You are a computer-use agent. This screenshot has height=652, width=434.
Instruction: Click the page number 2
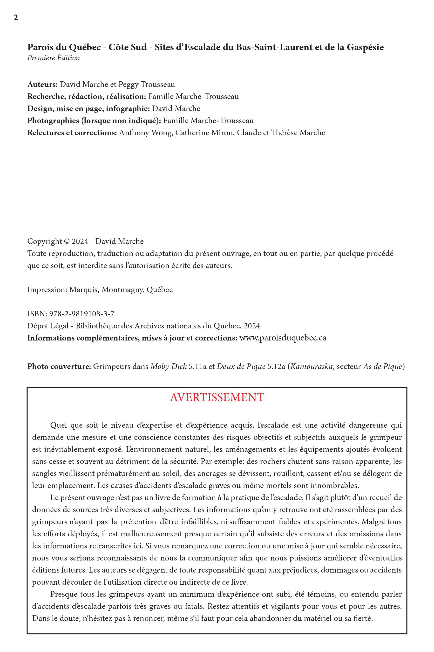point(16,18)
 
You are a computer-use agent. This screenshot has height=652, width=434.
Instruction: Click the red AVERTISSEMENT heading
point(217,397)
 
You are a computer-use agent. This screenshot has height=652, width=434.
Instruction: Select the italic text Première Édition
point(54,58)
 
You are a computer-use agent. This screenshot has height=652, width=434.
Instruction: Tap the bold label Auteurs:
point(42,84)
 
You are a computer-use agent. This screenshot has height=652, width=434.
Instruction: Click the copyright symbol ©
point(67,241)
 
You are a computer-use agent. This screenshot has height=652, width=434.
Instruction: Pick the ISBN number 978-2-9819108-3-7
point(82,314)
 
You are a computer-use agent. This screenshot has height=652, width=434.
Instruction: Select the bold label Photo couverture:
point(59,367)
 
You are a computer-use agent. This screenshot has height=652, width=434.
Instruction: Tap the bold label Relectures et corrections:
point(72,133)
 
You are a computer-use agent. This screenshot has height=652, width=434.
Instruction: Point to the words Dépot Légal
point(47,326)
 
